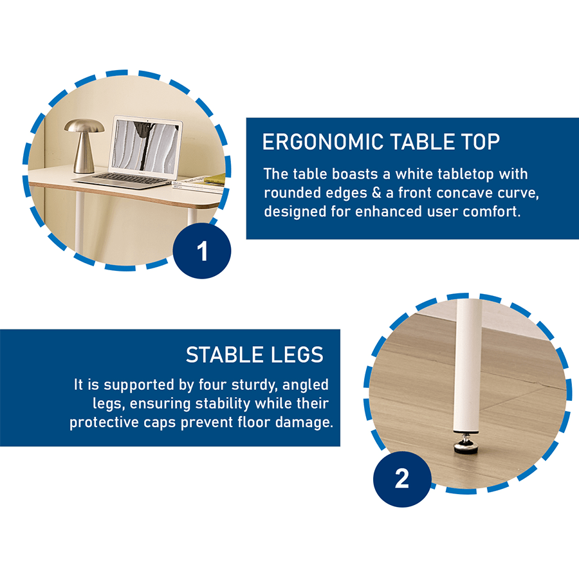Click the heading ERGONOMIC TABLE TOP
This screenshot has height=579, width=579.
tap(381, 142)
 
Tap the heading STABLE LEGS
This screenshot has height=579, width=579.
tap(254, 354)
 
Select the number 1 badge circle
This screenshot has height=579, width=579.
tap(202, 252)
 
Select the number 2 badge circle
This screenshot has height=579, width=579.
tap(401, 479)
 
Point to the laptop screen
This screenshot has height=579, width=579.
tap(147, 145)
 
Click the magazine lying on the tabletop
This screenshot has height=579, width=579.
tap(203, 182)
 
